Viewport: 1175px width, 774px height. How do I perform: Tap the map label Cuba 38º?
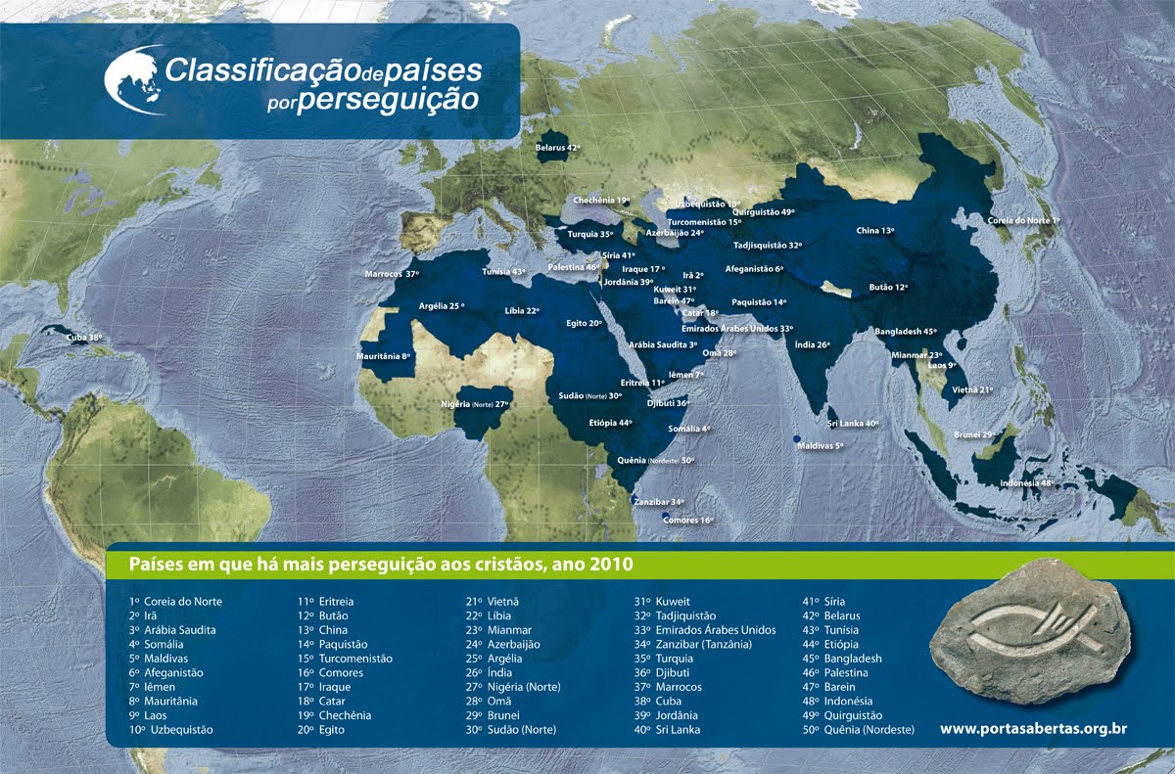tap(83, 338)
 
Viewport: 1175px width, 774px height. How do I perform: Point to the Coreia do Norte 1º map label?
tap(1023, 221)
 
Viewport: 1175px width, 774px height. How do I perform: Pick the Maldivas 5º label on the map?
tap(820, 445)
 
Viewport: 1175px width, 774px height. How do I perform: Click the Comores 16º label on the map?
tap(687, 520)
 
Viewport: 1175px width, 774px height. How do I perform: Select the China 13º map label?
tap(874, 231)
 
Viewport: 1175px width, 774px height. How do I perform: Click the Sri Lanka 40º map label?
tap(852, 424)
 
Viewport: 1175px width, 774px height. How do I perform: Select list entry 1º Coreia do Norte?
tap(175, 602)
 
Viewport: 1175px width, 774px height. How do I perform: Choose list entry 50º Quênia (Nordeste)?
tap(858, 730)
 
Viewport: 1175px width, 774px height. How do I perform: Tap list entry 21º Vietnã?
tap(492, 602)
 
